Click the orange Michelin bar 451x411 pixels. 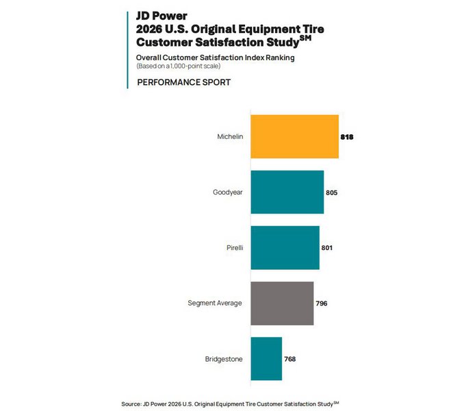294,137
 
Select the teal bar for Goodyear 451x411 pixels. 287,192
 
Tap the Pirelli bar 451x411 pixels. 285,247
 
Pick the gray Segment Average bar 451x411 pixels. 282,303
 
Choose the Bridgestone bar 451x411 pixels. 266,358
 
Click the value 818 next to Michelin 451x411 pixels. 346,137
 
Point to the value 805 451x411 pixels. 331,192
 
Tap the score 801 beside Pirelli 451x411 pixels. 326,247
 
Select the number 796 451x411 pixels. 321,303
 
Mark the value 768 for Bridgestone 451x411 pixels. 289,358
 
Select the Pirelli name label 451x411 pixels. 231,247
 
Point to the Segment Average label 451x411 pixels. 214,303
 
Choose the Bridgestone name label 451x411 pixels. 223,358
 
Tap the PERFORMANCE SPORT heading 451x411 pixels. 183,82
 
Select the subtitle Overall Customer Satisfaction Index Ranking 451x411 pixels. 215,58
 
